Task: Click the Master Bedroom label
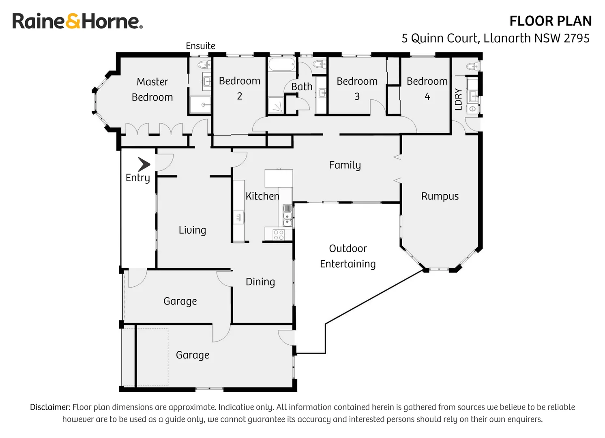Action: coord(152,90)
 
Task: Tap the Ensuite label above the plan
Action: coord(200,46)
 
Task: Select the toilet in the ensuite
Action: coord(204,64)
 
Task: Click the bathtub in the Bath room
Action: coord(282,64)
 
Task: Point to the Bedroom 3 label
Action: coord(357,89)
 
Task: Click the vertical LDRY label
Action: coord(458,99)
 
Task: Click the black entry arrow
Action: coord(144,165)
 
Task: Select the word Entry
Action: coord(138,178)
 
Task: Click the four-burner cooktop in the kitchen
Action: coord(279,234)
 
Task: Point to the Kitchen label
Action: coord(262,196)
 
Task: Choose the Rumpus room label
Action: coord(440,196)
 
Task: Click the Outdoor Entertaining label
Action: coord(348,256)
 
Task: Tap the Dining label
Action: coord(260,282)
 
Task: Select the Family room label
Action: coord(345,165)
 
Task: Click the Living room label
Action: coord(192,230)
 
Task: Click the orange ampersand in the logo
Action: coord(73,21)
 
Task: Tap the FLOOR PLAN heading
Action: coord(550,21)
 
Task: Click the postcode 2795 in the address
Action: coord(577,39)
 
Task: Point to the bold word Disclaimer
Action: coord(50,407)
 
